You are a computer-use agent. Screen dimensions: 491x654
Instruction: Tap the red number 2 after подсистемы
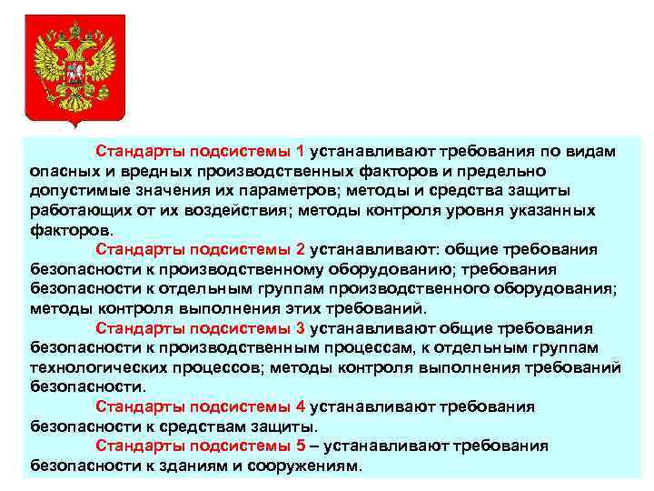pos(301,250)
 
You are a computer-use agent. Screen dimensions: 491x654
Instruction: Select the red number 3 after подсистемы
pos(301,328)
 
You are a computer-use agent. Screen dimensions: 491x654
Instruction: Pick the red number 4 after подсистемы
pos(301,406)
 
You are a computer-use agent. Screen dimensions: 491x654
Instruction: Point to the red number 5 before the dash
pos(301,446)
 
